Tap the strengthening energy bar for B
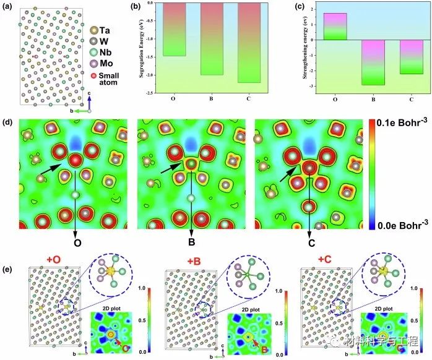tap(374, 62)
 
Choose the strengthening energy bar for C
tap(412, 57)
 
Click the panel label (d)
tap(8, 118)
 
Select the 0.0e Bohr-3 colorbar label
tap(404, 224)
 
